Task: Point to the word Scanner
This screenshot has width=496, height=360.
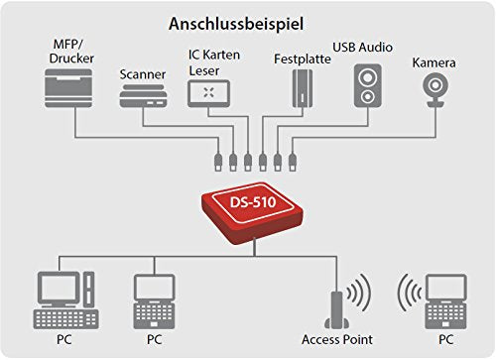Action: (142, 73)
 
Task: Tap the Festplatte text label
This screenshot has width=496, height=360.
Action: (297, 59)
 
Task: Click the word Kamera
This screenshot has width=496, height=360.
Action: (433, 62)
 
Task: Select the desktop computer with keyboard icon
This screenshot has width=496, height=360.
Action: (65, 299)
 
